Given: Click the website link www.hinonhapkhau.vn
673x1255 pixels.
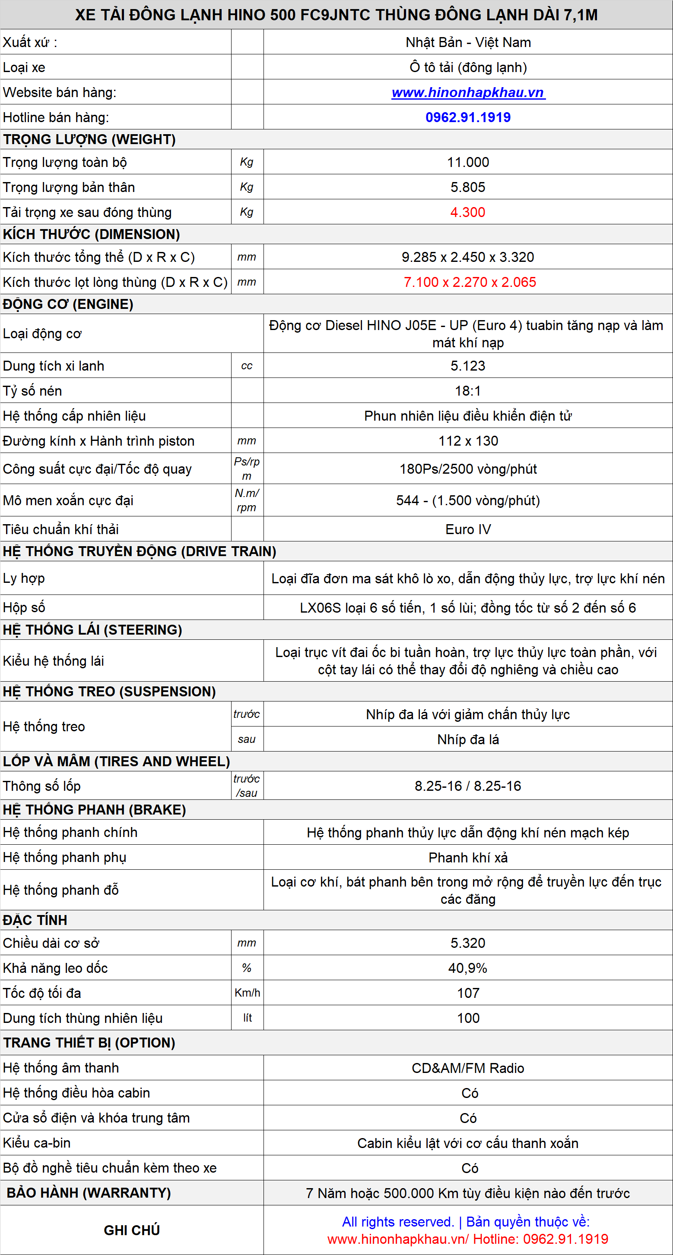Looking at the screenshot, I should (468, 93).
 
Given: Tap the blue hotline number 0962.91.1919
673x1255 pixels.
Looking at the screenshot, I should (468, 117).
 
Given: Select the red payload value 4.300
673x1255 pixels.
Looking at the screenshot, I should (468, 212).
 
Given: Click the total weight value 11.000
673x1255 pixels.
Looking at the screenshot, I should (468, 162).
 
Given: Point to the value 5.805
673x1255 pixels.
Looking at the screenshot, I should (468, 188).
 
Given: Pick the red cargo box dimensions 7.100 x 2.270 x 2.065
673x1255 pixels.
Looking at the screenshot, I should (470, 282).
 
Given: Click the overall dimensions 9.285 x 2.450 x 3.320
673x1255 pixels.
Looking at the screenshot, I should (468, 257).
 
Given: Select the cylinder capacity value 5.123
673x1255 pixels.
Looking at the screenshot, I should (468, 366).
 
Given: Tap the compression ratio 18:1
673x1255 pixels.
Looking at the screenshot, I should (468, 391).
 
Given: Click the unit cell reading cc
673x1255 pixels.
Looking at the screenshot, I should (247, 366).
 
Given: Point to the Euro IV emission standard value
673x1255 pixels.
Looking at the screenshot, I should (468, 530).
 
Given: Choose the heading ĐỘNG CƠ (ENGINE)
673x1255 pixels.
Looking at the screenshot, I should (68, 305).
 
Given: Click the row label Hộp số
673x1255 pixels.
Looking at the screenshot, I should (24, 607).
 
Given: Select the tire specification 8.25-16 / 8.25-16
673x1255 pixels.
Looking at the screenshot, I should (468, 786).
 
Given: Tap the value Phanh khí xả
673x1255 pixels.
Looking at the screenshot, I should (468, 858).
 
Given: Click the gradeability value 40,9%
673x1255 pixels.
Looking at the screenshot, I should (468, 968).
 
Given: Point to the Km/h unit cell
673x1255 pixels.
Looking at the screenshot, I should (247, 993).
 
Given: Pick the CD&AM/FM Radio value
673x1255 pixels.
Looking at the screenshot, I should (468, 1068).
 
